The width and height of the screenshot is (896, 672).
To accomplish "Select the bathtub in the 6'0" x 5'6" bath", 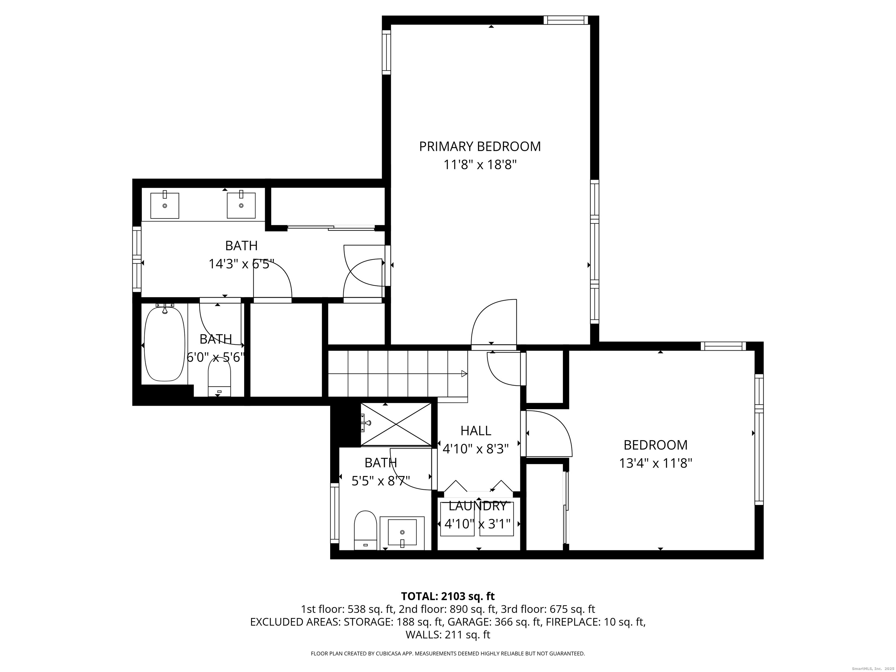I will point(164,344).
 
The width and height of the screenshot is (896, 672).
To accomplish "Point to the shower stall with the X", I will point(396,424).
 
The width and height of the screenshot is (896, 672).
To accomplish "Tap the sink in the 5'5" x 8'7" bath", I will point(402,533).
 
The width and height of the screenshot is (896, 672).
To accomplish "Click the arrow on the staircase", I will point(464,373).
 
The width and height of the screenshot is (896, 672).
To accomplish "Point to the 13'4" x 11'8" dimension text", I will point(655,463).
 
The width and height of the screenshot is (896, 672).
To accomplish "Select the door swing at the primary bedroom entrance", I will point(494,322).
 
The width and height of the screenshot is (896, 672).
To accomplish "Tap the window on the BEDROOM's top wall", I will point(723,346).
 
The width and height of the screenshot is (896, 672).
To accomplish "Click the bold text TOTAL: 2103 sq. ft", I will point(448,596).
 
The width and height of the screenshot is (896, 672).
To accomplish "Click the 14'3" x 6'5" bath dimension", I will point(242,264).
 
